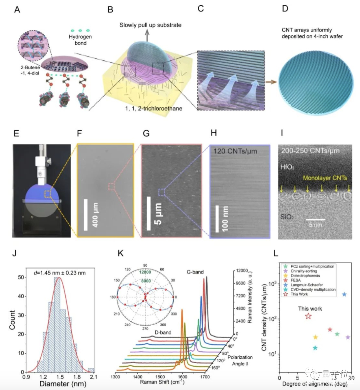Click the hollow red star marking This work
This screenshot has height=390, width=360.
[308, 316]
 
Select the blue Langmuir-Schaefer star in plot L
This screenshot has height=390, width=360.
[344, 294]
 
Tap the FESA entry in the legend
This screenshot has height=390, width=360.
[295, 280]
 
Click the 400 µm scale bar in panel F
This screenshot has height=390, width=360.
[86, 215]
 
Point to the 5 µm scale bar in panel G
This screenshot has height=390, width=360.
[149, 214]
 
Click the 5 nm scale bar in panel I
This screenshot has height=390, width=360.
[315, 220]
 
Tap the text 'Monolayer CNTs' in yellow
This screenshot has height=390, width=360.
[325, 178]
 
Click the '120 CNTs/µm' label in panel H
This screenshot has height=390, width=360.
[236, 151]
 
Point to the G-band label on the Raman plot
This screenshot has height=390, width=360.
[195, 272]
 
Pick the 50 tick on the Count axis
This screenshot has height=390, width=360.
[21, 277]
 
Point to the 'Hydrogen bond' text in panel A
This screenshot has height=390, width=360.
[80, 40]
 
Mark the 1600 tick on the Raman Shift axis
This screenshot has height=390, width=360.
[182, 377]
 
